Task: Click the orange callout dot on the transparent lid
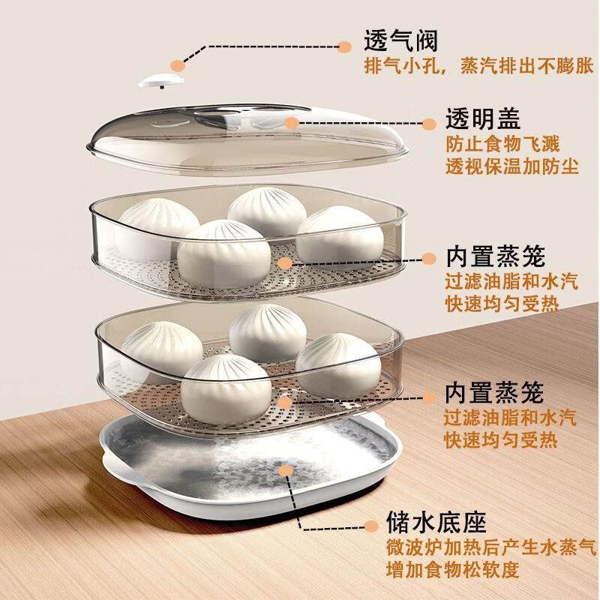[x=290, y=123]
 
